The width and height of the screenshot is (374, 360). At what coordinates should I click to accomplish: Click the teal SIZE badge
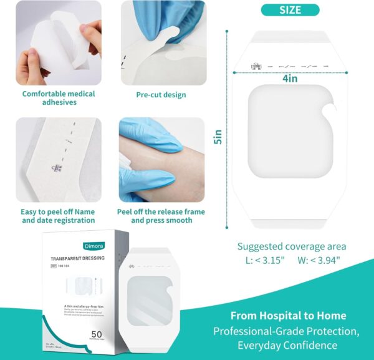pos(290,10)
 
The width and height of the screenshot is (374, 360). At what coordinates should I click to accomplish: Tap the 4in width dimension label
pos(289,79)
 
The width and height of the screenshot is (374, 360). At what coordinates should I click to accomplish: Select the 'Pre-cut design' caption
pos(161,95)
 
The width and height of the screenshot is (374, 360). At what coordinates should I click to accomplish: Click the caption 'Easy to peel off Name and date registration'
pos(59,216)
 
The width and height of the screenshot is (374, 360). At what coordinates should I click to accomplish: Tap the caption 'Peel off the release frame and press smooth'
pos(161,216)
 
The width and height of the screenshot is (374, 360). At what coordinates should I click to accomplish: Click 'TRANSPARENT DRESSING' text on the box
pos(79,258)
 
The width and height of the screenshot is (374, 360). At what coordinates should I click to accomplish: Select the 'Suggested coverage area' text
pos(292,246)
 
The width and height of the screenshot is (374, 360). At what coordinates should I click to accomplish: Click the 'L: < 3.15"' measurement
pos(261,260)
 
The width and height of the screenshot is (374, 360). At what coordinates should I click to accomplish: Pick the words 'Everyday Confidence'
pos(287,345)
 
